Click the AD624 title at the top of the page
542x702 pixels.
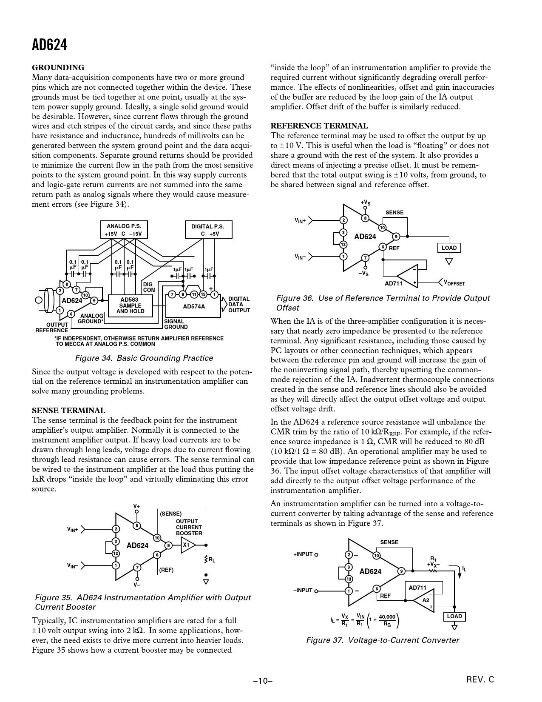click(x=49, y=45)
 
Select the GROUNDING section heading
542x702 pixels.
click(x=58, y=68)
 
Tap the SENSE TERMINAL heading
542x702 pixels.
click(x=68, y=411)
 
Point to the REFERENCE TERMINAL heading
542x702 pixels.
click(x=319, y=126)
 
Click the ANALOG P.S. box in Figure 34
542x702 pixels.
click(x=124, y=230)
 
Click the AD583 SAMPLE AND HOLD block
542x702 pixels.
click(x=130, y=305)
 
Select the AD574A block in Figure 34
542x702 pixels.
click(x=193, y=306)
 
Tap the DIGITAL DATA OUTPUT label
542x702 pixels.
click(x=239, y=305)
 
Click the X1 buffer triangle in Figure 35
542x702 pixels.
click(x=187, y=545)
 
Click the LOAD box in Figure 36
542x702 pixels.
click(x=449, y=248)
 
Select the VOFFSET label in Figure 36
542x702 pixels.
click(x=454, y=283)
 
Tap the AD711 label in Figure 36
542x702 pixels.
click(x=393, y=283)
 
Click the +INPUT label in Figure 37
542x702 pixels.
click(x=303, y=554)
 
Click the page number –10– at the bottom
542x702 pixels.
click(x=263, y=681)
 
